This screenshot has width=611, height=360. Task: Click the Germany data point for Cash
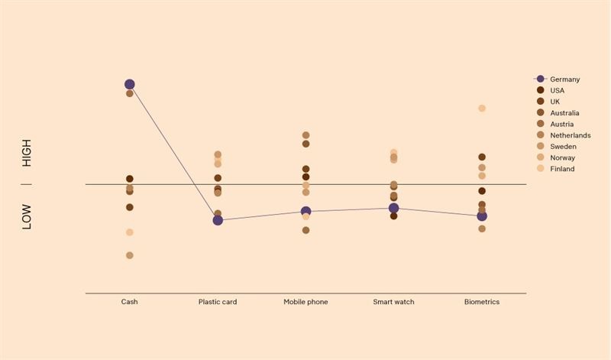pyautogui.click(x=130, y=85)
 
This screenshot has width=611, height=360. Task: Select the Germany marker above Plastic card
pyautogui.click(x=218, y=220)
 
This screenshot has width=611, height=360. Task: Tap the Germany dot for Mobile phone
pyautogui.click(x=305, y=212)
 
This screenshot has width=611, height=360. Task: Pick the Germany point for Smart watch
pyautogui.click(x=393, y=208)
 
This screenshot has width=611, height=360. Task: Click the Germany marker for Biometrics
pyautogui.click(x=482, y=216)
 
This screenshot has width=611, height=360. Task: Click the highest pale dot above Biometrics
pyautogui.click(x=482, y=109)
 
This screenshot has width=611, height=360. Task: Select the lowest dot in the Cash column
pyautogui.click(x=130, y=255)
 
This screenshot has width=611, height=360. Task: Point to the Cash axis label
pyautogui.click(x=130, y=302)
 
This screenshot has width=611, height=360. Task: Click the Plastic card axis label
pyautogui.click(x=218, y=302)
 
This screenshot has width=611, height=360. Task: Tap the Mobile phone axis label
pyautogui.click(x=305, y=302)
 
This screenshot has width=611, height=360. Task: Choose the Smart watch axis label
pyautogui.click(x=393, y=302)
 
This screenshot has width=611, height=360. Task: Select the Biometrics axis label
pyautogui.click(x=482, y=302)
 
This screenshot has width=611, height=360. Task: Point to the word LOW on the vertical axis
pyautogui.click(x=27, y=216)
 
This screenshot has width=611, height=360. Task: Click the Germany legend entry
pyautogui.click(x=564, y=79)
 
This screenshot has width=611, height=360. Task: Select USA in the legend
pyautogui.click(x=557, y=90)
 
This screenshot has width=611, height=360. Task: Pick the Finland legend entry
pyautogui.click(x=561, y=169)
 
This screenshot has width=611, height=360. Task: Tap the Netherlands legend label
pyautogui.click(x=570, y=135)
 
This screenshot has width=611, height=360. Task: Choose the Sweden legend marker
pyautogui.click(x=541, y=146)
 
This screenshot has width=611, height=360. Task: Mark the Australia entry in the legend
pyautogui.click(x=564, y=113)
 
